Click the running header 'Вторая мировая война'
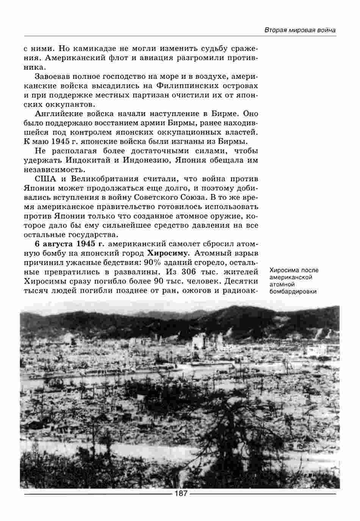coord(300,30)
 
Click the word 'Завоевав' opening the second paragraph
coord(52,77)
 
